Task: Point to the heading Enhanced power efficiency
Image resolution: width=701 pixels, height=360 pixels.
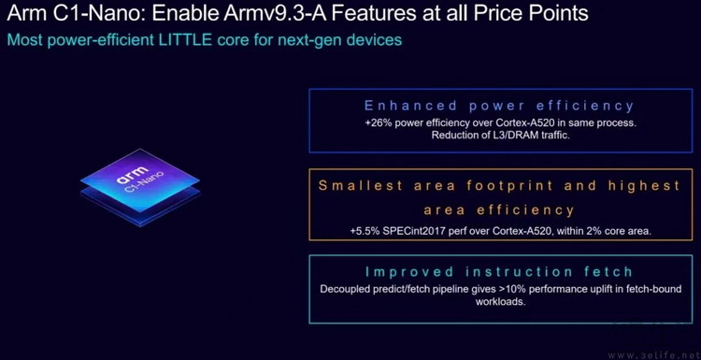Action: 499,106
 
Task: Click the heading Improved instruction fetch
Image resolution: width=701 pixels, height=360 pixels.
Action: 499,271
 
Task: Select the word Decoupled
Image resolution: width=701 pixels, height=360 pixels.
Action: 348,289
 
